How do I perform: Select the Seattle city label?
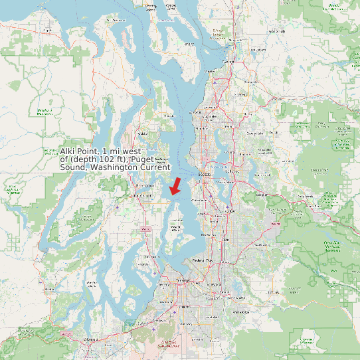click(205, 174)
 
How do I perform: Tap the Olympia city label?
click(88, 339)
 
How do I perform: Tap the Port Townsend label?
click(118, 21)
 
